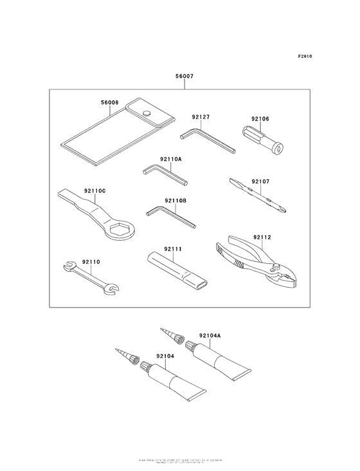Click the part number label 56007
coord(184,76)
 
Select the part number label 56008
coord(110,102)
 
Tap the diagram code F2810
coord(305,57)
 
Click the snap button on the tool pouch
coord(147,113)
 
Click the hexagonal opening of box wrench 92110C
coord(120,230)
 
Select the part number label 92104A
coord(210,335)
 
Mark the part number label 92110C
coord(94,191)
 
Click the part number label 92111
coord(173,248)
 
